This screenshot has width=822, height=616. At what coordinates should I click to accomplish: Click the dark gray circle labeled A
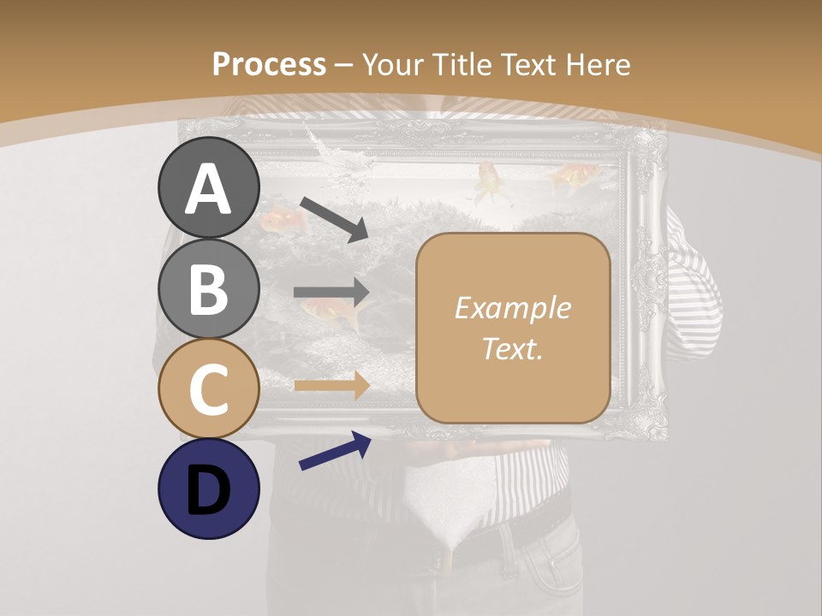(209, 188)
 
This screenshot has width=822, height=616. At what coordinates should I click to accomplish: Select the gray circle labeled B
(209, 288)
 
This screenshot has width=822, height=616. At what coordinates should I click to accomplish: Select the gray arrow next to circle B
(332, 293)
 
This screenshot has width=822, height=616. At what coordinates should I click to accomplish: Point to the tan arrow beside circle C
(332, 386)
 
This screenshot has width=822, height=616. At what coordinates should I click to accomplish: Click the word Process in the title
(269, 64)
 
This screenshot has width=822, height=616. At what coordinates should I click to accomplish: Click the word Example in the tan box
(512, 308)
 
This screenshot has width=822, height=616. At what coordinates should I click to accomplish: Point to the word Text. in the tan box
(512, 349)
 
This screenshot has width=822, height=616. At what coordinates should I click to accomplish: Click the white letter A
(209, 189)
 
